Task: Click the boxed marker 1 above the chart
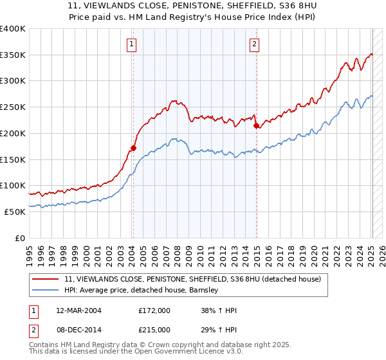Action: point(132,44)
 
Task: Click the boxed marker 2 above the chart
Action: point(255,44)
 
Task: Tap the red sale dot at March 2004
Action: point(134,148)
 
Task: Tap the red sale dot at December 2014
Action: point(257,125)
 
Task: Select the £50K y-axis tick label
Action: point(15,212)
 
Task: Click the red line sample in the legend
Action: point(46,279)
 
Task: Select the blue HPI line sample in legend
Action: point(46,290)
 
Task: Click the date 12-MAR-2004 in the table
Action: point(77,310)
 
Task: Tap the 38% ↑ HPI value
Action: point(219,310)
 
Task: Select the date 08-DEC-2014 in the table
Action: point(77,329)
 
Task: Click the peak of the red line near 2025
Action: point(371,54)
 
